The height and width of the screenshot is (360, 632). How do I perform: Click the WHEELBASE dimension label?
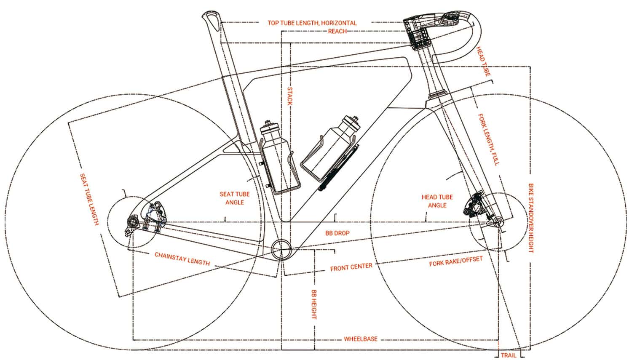click(360, 339)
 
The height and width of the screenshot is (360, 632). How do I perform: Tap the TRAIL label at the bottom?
click(509, 355)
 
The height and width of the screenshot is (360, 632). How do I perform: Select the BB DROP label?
click(337, 233)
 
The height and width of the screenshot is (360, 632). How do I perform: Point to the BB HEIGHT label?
click(314, 304)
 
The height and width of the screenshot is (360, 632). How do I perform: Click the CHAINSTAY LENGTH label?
click(182, 259)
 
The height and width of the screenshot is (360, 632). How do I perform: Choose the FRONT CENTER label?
click(351, 267)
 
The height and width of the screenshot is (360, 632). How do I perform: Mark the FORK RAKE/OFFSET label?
click(455, 261)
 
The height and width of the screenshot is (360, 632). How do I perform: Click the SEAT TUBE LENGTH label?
click(89, 199)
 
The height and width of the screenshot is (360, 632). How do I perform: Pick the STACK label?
click(290, 96)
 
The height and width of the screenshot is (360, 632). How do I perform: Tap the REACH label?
click(337, 31)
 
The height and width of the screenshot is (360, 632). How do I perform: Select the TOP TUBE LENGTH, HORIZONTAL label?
click(312, 23)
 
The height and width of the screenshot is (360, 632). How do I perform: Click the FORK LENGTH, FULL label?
click(489, 139)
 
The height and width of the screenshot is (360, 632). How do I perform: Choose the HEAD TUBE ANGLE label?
click(437, 201)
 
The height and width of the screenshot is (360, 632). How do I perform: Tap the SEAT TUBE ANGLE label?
click(234, 198)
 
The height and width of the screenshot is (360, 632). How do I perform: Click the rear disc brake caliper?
click(156, 216)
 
